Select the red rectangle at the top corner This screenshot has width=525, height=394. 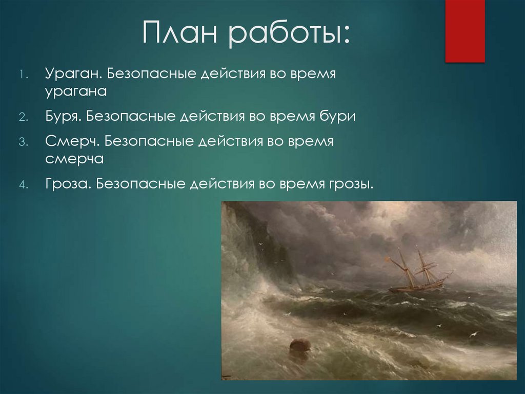tap(465, 31)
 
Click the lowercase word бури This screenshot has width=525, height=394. tap(337, 117)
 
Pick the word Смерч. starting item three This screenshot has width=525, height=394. tap(72, 142)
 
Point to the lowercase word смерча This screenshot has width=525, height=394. tap(74, 159)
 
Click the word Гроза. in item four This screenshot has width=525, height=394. tap(68, 184)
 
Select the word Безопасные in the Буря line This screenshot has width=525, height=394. tap(130, 117)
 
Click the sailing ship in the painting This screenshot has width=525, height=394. tap(417, 272)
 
